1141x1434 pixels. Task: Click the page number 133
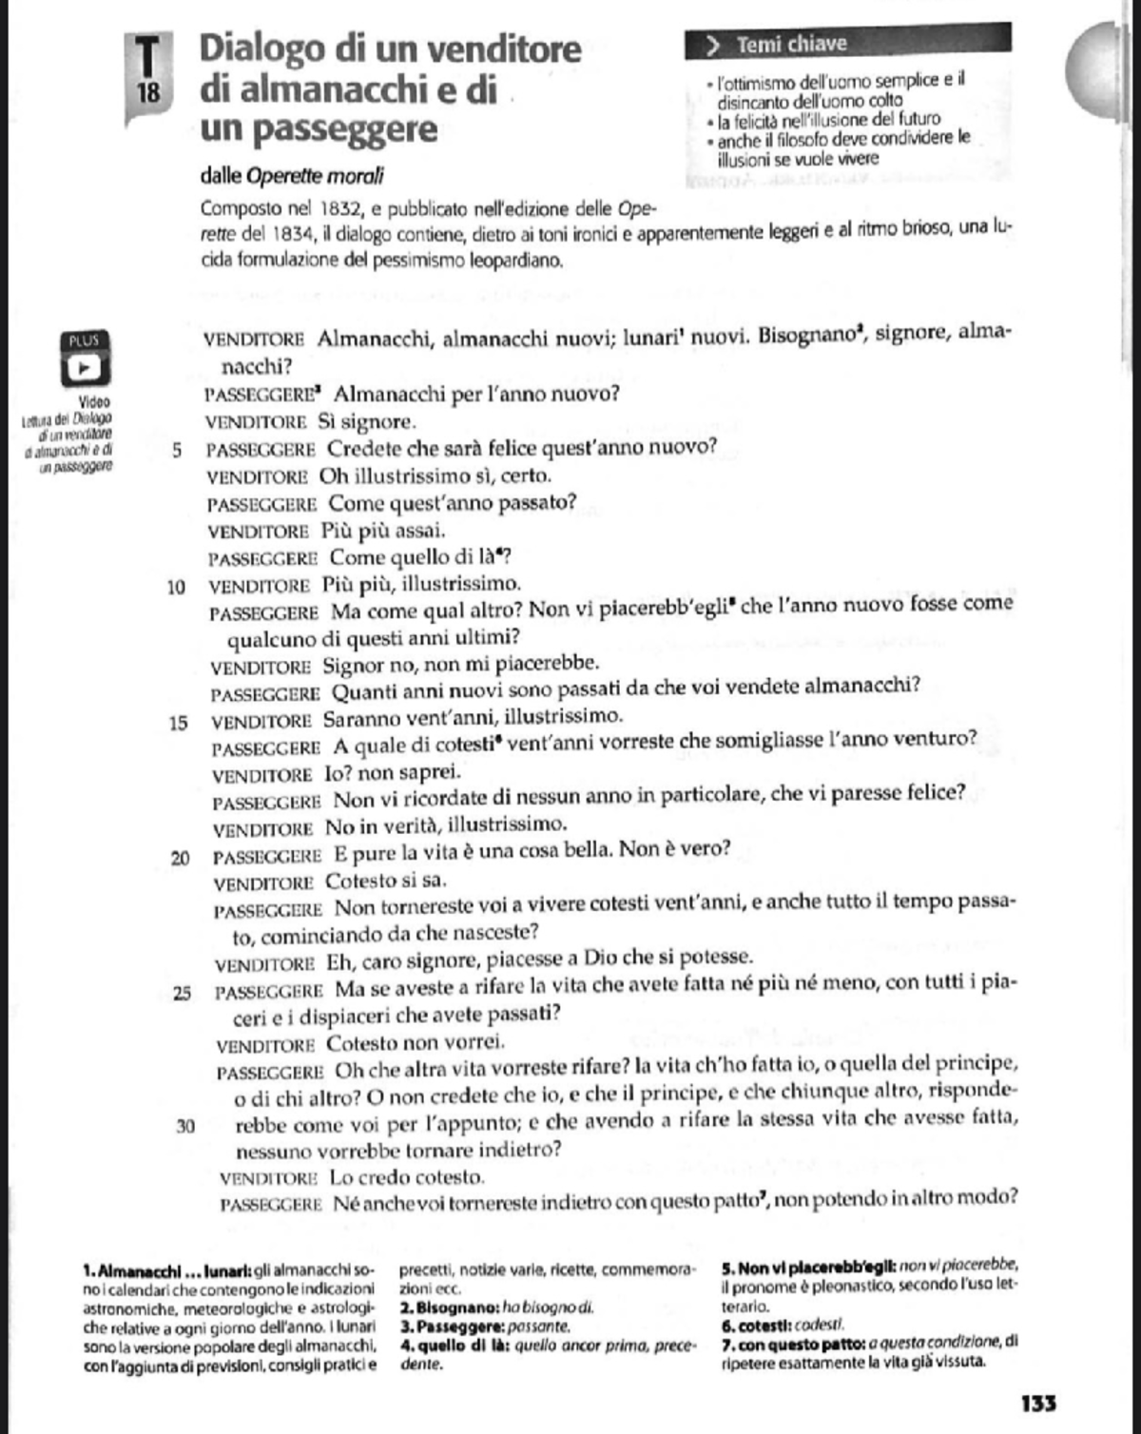(1038, 1403)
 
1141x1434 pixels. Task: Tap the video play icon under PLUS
(84, 366)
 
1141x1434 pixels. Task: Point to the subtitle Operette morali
(315, 176)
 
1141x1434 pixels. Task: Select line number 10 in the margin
(176, 587)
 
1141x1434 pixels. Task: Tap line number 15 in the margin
(178, 724)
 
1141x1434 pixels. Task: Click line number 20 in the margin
(180, 859)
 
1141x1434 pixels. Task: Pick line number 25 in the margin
(182, 994)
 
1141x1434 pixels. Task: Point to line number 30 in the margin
(185, 1127)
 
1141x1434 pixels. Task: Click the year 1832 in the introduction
(338, 209)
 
